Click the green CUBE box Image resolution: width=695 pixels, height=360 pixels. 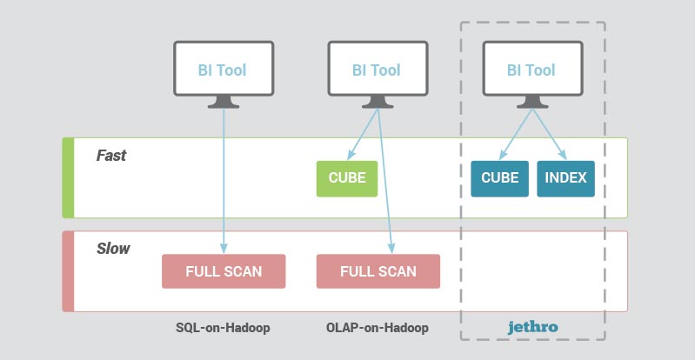point(347,178)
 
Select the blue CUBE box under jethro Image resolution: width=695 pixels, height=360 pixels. point(499,178)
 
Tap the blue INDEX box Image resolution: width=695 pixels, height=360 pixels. point(565,178)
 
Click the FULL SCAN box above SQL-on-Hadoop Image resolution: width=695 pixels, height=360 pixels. point(224,271)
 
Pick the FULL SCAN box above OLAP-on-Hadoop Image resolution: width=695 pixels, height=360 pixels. point(378,271)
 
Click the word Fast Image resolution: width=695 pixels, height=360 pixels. point(111,156)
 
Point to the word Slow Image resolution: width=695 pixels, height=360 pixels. point(113,249)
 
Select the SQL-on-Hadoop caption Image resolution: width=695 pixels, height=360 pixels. point(223,328)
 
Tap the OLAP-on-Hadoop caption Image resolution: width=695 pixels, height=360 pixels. point(378,328)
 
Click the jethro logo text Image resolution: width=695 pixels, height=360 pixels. point(532,328)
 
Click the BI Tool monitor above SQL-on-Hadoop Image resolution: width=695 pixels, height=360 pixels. point(224,75)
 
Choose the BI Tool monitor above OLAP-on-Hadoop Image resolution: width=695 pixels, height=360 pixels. point(378,75)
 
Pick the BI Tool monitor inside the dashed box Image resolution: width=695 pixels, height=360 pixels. point(532,75)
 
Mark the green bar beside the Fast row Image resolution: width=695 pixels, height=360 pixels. point(68,177)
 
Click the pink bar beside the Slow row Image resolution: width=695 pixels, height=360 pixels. point(68,271)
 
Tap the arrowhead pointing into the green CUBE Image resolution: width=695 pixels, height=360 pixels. point(351,156)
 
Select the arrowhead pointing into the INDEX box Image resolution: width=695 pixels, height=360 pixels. point(563,156)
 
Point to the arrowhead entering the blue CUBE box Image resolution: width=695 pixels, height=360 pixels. point(502,156)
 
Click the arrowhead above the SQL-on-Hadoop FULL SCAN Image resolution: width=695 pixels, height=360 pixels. point(224,249)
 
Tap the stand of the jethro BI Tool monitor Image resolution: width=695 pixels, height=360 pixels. point(532,102)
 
